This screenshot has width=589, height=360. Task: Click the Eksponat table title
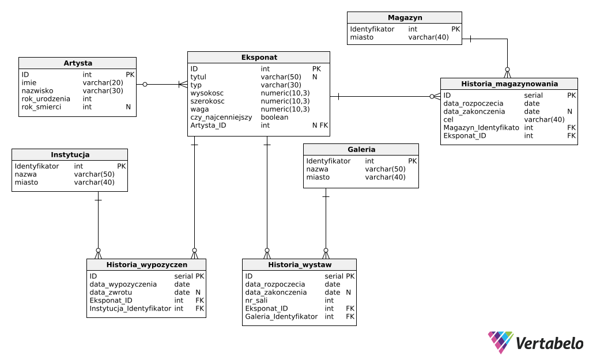tap(259, 58)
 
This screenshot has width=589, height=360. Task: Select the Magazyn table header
tap(405, 18)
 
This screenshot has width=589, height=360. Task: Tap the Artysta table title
tap(78, 63)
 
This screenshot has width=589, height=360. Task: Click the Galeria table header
tap(361, 149)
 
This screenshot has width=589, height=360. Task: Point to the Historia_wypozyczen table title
tap(146, 264)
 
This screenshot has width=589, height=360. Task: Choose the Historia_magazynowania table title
tap(509, 84)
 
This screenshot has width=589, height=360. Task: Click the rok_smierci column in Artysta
tap(41, 107)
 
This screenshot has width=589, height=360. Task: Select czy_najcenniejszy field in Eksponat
tap(221, 117)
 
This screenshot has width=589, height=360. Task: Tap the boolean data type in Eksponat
tap(274, 117)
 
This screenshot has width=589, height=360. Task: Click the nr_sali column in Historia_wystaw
tap(256, 300)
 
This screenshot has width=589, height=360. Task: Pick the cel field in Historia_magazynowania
tap(448, 120)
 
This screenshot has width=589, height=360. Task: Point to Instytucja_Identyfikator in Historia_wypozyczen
tap(130, 309)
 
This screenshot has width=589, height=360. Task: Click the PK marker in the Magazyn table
tap(456, 29)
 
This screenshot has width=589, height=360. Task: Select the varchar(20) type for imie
tap(103, 82)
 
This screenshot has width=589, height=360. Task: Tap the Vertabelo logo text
tap(549, 343)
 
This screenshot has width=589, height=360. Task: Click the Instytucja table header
tap(70, 155)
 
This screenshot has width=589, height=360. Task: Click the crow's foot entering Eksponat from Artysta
tap(183, 85)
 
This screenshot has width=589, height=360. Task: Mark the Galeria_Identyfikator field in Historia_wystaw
tap(281, 316)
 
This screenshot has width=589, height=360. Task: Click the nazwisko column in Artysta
tap(37, 91)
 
